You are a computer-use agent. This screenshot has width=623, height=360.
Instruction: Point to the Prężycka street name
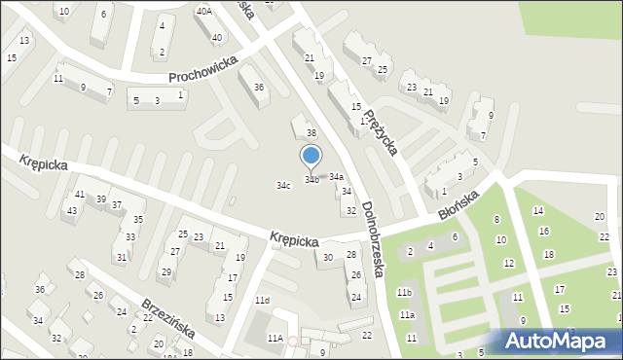coord(380,131)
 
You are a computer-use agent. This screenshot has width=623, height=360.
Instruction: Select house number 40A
coord(203,11)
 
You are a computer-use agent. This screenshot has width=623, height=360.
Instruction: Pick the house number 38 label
coord(311,132)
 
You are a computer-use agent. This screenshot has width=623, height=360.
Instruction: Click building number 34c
coord(283,186)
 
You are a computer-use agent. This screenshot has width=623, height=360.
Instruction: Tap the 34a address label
coord(336,177)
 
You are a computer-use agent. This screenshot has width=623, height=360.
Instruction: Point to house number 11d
coord(262,301)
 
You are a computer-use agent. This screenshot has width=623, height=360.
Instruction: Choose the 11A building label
coord(275,338)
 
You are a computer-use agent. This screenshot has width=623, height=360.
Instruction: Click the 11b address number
coord(405,293)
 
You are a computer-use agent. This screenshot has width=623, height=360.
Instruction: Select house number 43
coord(71,211)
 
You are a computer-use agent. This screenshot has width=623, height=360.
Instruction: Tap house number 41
coord(80,196)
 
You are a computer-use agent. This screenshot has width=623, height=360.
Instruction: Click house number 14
coord(536,210)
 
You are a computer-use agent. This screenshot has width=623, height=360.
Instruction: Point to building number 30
coord(328,258)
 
